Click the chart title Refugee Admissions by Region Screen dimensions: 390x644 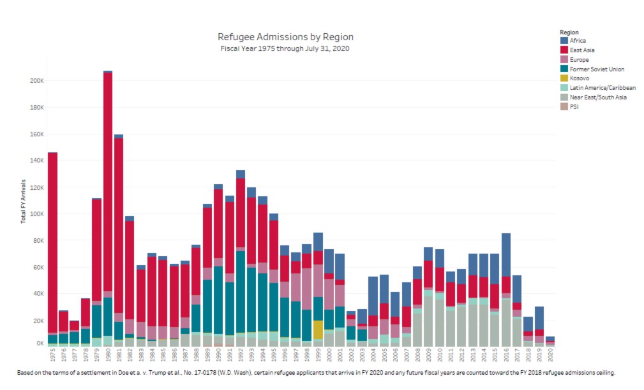[x=285, y=37]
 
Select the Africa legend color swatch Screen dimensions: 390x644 [x=564, y=40]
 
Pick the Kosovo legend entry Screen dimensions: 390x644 [x=580, y=78]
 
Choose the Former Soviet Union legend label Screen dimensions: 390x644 [x=597, y=69]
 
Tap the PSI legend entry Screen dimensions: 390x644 [x=574, y=107]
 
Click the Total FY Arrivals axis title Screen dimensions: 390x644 [x=23, y=201]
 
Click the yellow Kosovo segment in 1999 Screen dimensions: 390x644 [x=318, y=329]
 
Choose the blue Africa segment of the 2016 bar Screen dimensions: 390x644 [x=506, y=255]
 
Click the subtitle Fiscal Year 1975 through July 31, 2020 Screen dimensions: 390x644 [x=285, y=48]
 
